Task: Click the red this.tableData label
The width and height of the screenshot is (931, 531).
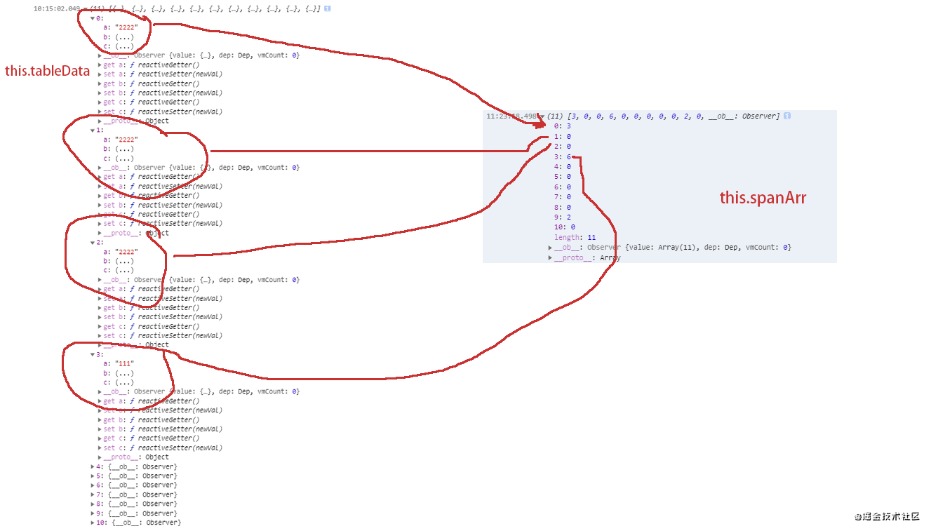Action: coord(47,71)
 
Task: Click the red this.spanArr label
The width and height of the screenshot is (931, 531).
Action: coord(763,198)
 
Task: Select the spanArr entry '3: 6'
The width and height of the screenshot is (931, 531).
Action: coord(563,156)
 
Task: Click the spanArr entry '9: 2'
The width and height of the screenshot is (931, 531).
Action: coord(563,217)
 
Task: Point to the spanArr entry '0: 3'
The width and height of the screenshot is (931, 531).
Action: coord(563,126)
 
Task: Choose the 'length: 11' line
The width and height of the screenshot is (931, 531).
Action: coord(575,238)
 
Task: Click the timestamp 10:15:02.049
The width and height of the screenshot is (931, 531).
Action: coord(56,8)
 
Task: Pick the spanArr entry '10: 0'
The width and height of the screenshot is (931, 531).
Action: coord(564,227)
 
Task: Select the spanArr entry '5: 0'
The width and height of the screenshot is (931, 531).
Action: coord(563,177)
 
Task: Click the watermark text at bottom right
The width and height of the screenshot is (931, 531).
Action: coord(887,516)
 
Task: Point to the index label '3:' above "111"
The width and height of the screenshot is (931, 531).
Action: coord(100,354)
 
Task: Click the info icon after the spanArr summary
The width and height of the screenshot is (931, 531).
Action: coord(788,116)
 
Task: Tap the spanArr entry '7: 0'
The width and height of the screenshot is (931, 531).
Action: coord(563,197)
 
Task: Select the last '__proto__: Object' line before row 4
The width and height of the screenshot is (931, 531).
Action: coord(136,457)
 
